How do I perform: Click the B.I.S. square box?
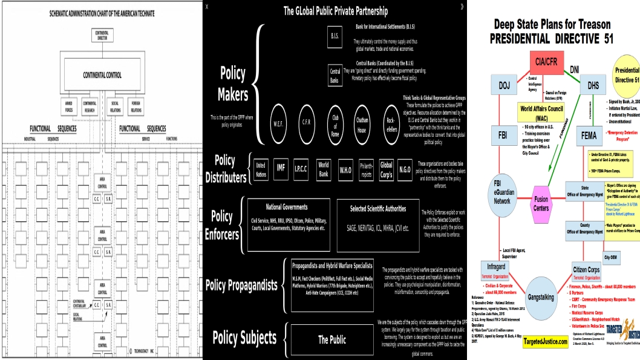coord(335,36)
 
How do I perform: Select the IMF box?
coord(280,167)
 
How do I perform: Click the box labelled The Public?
coord(332,339)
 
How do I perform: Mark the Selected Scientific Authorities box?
coord(378,224)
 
